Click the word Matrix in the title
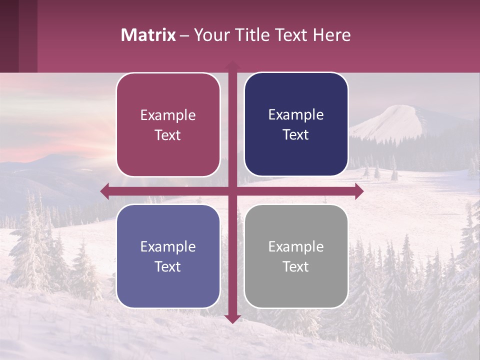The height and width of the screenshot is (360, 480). pos(148,35)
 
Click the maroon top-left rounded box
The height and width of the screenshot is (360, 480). pos(168,125)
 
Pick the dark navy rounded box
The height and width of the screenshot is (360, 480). pos(296,124)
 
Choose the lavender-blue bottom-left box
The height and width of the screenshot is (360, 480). pos(168,256)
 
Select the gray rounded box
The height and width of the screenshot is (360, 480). pos(296,256)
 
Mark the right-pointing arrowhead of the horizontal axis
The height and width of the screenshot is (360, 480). pos(359,191)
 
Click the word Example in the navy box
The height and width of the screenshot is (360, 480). pos(296,115)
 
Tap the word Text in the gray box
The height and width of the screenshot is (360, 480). pos(296,266)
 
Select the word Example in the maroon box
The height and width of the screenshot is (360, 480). pos(168,115)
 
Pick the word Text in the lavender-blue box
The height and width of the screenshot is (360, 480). pos(168,266)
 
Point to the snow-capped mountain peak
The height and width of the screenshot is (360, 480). pos(400,110)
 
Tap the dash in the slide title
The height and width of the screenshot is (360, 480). pos(184,35)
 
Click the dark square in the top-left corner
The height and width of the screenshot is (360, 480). pos(9,36)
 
